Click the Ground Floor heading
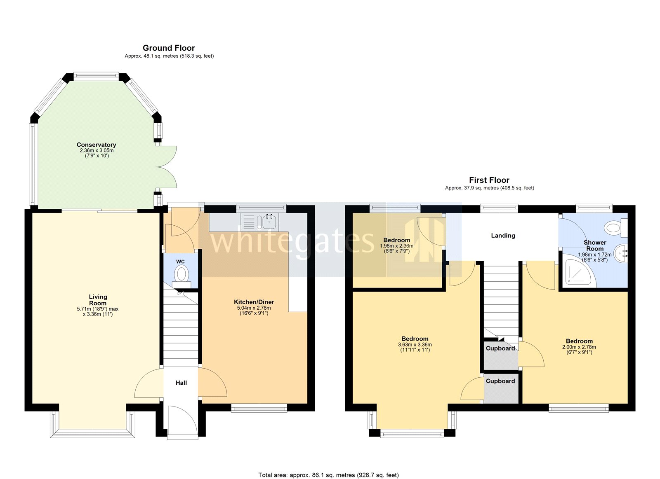(169, 48)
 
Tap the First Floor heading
(489, 180)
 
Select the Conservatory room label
(96, 145)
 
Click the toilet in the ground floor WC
(181, 275)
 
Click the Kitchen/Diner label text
(254, 302)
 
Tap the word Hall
(181, 383)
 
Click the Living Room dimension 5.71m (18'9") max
(98, 309)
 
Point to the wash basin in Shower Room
(621, 253)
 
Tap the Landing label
(503, 236)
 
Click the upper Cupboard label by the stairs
(500, 348)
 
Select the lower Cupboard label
(500, 381)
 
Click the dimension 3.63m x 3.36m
(415, 345)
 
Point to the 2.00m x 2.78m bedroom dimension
(579, 347)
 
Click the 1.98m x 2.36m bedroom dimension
(396, 246)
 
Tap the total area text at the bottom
(328, 475)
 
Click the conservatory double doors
(167, 167)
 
